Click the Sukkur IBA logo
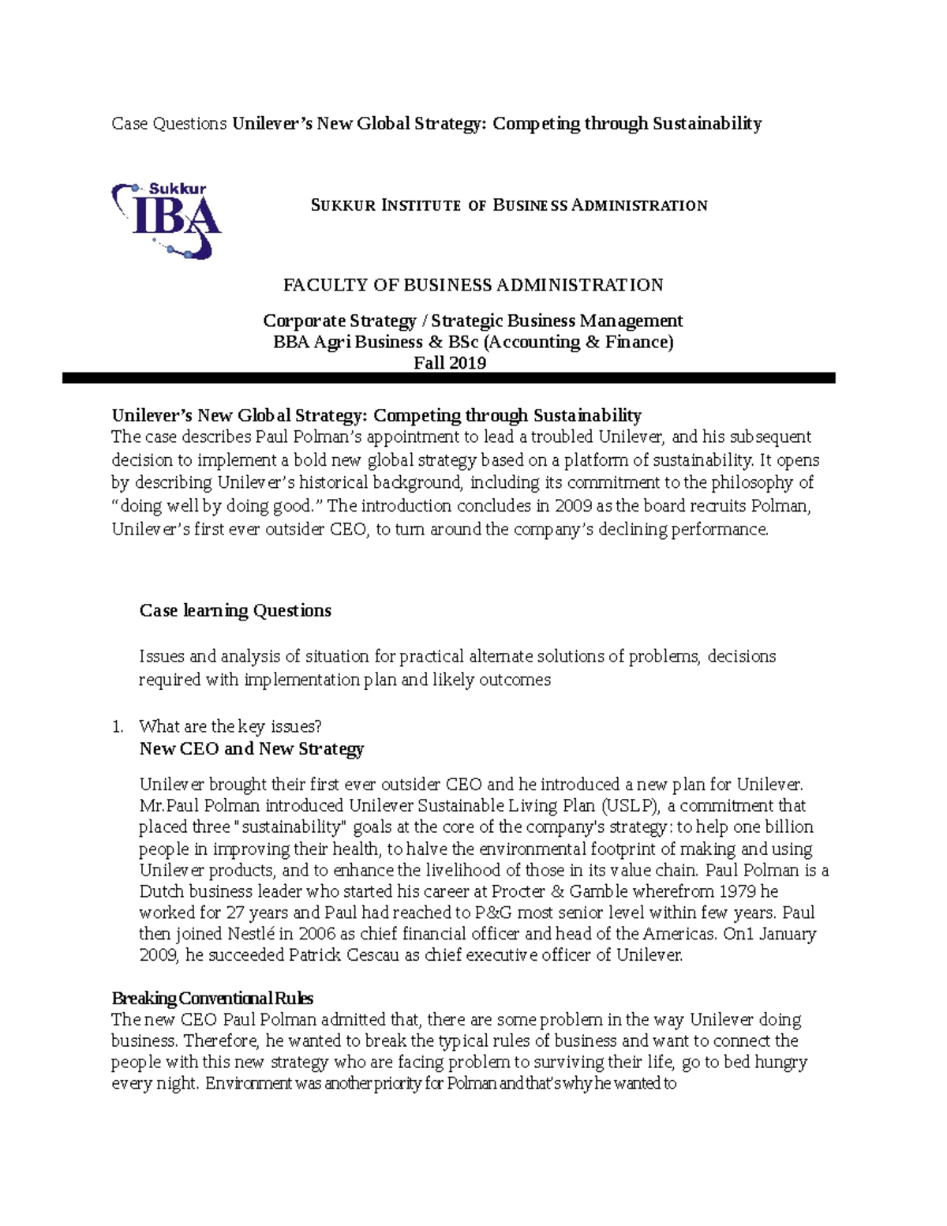(x=167, y=220)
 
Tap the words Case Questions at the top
(x=169, y=123)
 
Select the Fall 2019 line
(x=450, y=363)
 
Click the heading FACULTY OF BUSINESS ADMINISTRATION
(x=473, y=285)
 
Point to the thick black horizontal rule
(x=448, y=379)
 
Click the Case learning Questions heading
(x=235, y=610)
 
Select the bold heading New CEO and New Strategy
(x=251, y=748)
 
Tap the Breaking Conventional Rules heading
(x=212, y=998)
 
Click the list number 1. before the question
(x=118, y=726)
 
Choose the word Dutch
(x=161, y=891)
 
